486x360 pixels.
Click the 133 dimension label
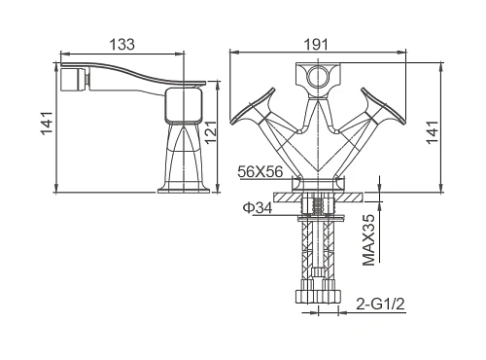[122, 45]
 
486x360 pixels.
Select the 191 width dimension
[316, 45]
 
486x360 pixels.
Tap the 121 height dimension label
[211, 132]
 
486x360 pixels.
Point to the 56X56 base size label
[260, 171]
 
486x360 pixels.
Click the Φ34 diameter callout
[258, 208]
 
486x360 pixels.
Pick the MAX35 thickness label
[368, 239]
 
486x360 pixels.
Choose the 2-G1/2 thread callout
[380, 305]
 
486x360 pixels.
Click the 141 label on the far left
[47, 123]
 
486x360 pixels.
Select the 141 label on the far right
[433, 132]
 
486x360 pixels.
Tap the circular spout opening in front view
[318, 77]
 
